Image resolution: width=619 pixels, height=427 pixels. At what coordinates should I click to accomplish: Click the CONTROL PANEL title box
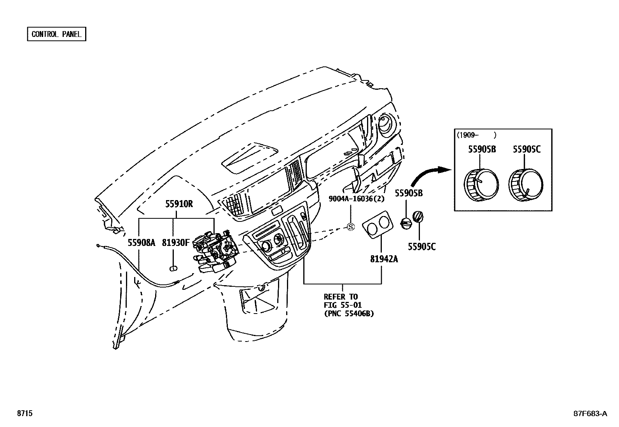[56, 34]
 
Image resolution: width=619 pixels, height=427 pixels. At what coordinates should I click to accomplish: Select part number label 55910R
[179, 204]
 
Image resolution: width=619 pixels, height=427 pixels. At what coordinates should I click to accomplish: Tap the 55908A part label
[142, 243]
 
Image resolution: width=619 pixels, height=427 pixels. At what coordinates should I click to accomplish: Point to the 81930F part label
[176, 243]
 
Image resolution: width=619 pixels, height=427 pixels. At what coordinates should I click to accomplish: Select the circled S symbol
[351, 227]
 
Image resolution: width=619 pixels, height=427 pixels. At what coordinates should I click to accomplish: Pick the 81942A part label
[384, 259]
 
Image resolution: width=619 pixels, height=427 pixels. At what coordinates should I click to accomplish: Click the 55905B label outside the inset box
[409, 193]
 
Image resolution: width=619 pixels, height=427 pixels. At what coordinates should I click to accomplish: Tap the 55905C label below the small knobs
[421, 246]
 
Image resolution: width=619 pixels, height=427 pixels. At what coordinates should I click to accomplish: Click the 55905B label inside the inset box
[482, 149]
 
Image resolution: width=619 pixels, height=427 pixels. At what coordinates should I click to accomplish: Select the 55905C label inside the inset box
[526, 149]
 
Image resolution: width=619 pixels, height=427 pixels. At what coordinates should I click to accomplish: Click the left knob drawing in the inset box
[481, 185]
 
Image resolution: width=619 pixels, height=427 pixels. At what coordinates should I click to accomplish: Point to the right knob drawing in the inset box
[525, 185]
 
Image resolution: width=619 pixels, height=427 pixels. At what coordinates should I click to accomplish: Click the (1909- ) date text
[477, 135]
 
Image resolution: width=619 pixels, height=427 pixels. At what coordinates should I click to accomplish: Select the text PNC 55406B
[349, 314]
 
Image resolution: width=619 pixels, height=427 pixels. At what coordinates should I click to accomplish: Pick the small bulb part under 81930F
[174, 268]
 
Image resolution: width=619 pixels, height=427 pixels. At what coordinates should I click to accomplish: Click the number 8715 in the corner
[24, 413]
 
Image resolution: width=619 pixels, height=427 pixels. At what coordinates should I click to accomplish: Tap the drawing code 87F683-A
[589, 413]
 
